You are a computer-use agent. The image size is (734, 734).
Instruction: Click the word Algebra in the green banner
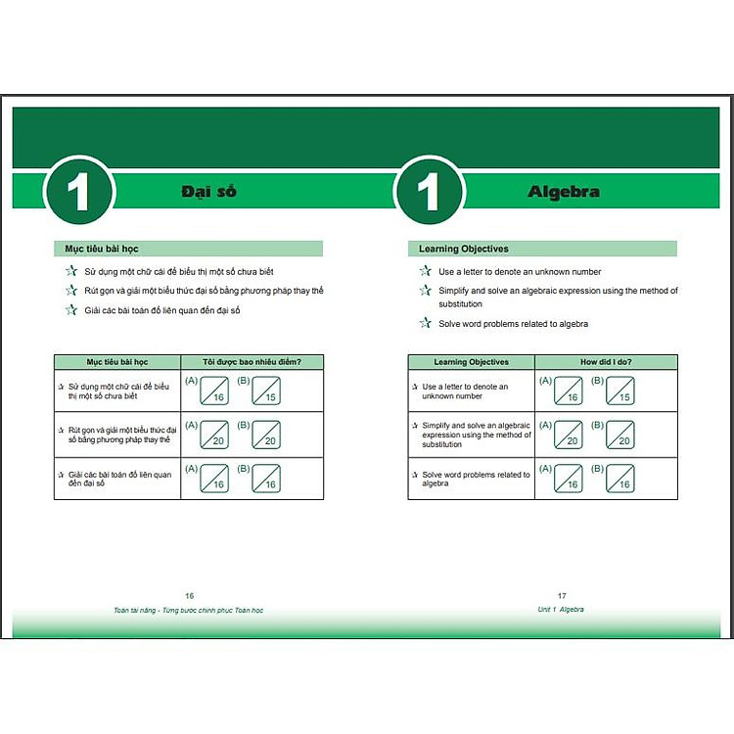pyautogui.click(x=564, y=192)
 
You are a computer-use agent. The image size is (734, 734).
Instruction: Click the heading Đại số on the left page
pyautogui.click(x=208, y=192)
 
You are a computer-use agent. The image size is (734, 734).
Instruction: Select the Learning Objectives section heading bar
pyautogui.click(x=541, y=249)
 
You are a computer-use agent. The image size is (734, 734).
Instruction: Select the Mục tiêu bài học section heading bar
pyautogui.click(x=187, y=249)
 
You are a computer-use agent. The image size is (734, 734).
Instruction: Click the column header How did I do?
pyautogui.click(x=606, y=362)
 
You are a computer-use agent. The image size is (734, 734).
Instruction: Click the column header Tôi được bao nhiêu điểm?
pyautogui.click(x=251, y=362)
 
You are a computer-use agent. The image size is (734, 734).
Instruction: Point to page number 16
pyautogui.click(x=190, y=595)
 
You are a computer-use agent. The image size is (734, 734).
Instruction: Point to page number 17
pyautogui.click(x=562, y=595)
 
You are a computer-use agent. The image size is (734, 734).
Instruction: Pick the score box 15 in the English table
pyautogui.click(x=619, y=391)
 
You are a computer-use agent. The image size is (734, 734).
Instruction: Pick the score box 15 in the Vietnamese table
pyautogui.click(x=265, y=391)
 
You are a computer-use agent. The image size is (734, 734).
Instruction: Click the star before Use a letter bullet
pyautogui.click(x=425, y=271)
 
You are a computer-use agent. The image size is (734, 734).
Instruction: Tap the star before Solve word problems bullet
pyautogui.click(x=425, y=323)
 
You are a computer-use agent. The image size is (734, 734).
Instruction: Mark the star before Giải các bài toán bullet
pyautogui.click(x=70, y=310)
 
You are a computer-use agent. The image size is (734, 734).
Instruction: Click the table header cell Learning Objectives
pyautogui.click(x=471, y=362)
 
